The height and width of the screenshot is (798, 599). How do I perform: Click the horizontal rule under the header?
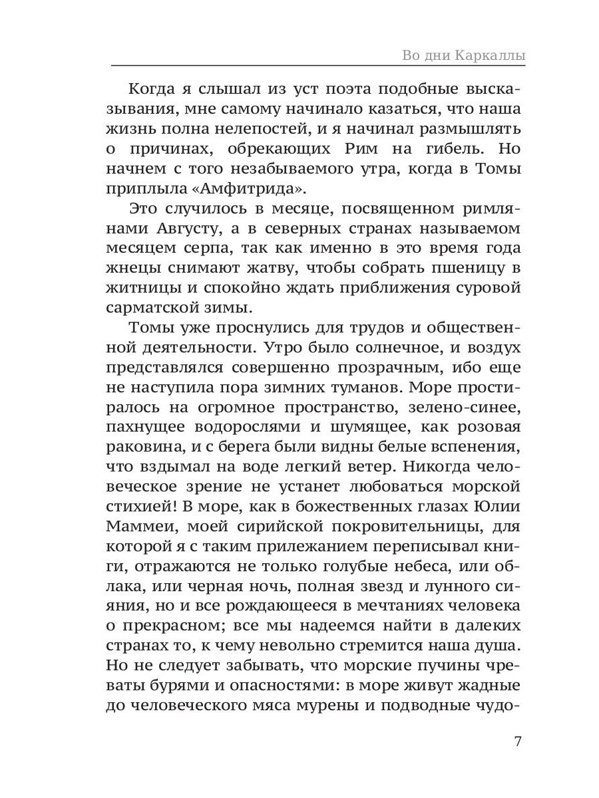317,66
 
